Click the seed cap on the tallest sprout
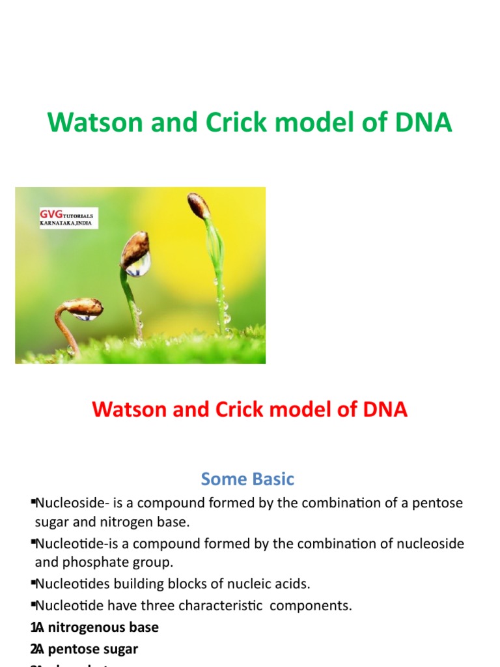click(199, 206)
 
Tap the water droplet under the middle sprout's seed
click(138, 264)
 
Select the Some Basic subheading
click(247, 479)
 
